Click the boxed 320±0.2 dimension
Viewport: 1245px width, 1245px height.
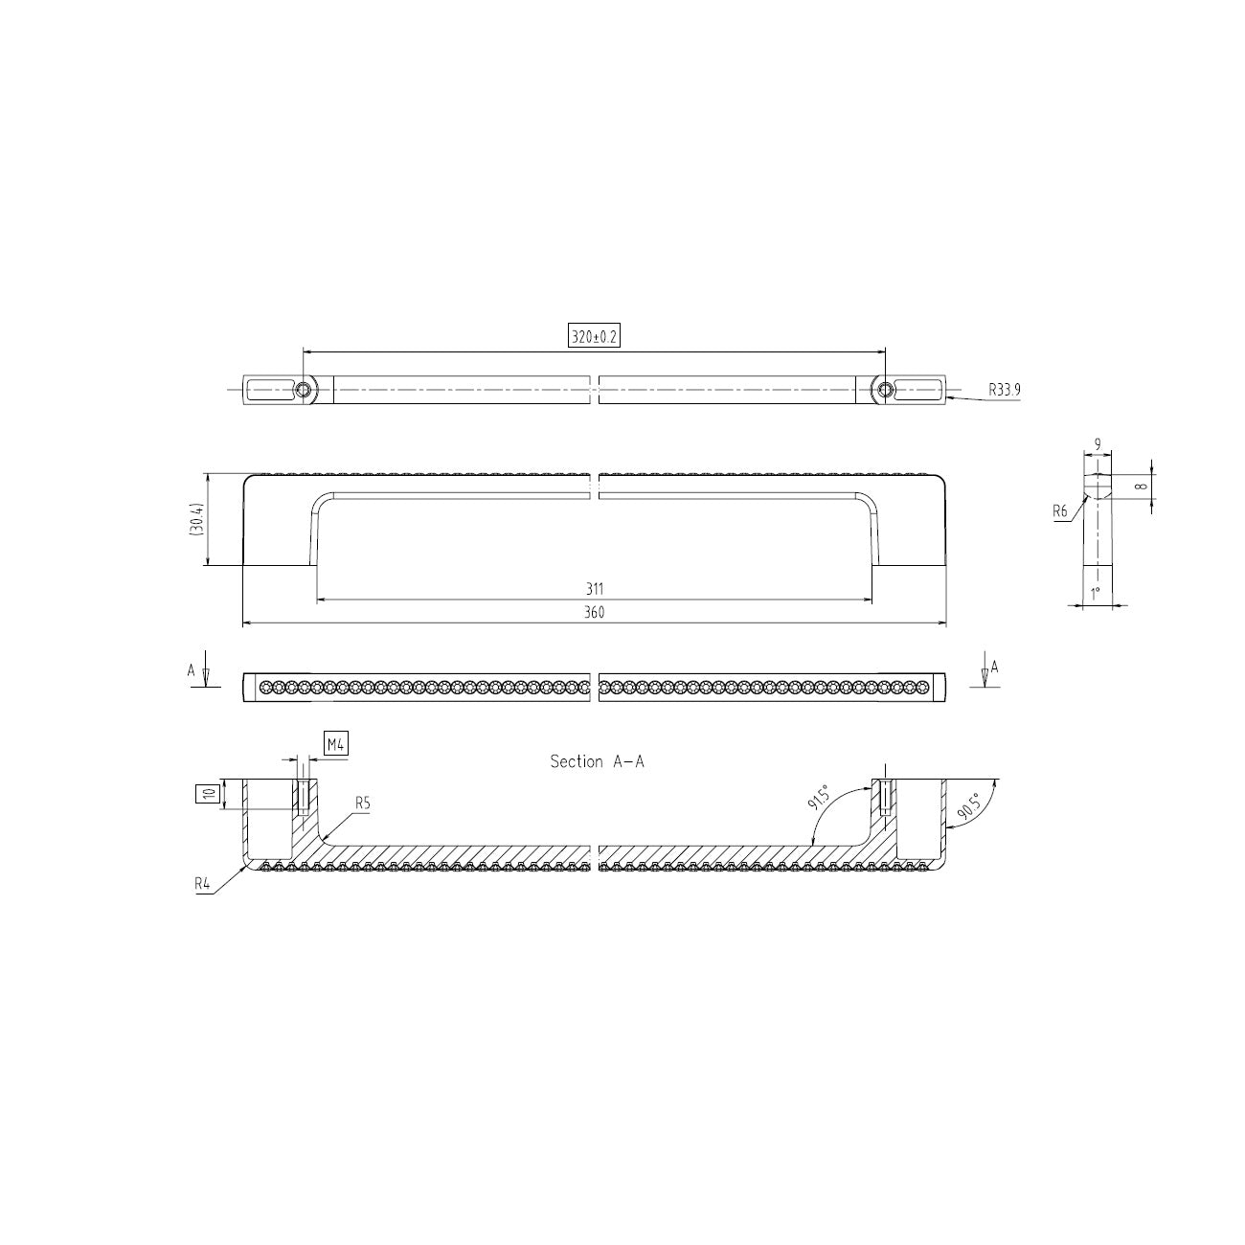pos(594,337)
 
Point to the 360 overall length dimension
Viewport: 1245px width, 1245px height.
pos(594,613)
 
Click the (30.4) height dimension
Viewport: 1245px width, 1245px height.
pos(195,520)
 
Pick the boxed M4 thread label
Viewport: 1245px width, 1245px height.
pos(335,743)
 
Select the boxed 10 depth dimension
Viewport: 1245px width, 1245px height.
pos(208,792)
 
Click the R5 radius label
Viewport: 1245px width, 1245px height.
pos(363,803)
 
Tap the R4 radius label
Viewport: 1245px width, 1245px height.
pos(202,884)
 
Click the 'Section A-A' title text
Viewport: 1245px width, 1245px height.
pos(597,761)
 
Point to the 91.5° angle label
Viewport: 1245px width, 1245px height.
pos(819,797)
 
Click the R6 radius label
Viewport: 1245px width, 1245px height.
pos(1059,512)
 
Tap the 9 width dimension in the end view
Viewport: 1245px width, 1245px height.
pos(1097,444)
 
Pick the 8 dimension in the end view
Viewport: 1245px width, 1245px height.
pos(1140,487)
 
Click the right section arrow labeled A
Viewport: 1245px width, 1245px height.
pos(985,668)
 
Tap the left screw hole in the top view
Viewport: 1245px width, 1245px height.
pos(304,389)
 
